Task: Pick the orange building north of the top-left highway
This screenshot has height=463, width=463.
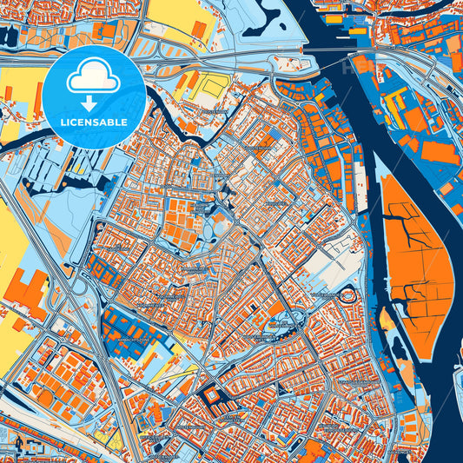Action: [105, 30]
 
